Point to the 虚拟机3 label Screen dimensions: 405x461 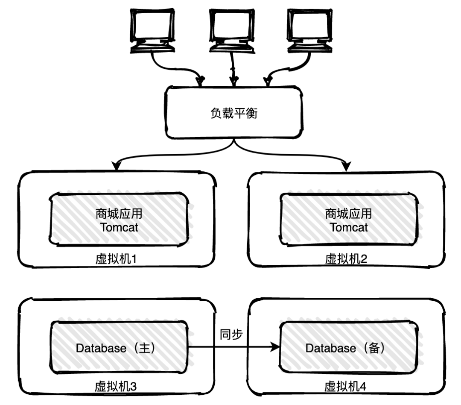point(116,387)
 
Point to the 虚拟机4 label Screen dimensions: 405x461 point(345,387)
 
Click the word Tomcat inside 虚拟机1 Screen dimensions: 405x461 point(120,227)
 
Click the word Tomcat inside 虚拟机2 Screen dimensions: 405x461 point(349,227)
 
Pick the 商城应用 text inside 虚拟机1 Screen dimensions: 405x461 point(120,213)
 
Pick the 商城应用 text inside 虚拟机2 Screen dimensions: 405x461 point(349,213)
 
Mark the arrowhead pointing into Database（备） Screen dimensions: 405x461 point(274,348)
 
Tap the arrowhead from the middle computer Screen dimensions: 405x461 point(233,80)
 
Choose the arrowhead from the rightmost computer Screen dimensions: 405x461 point(268,80)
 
